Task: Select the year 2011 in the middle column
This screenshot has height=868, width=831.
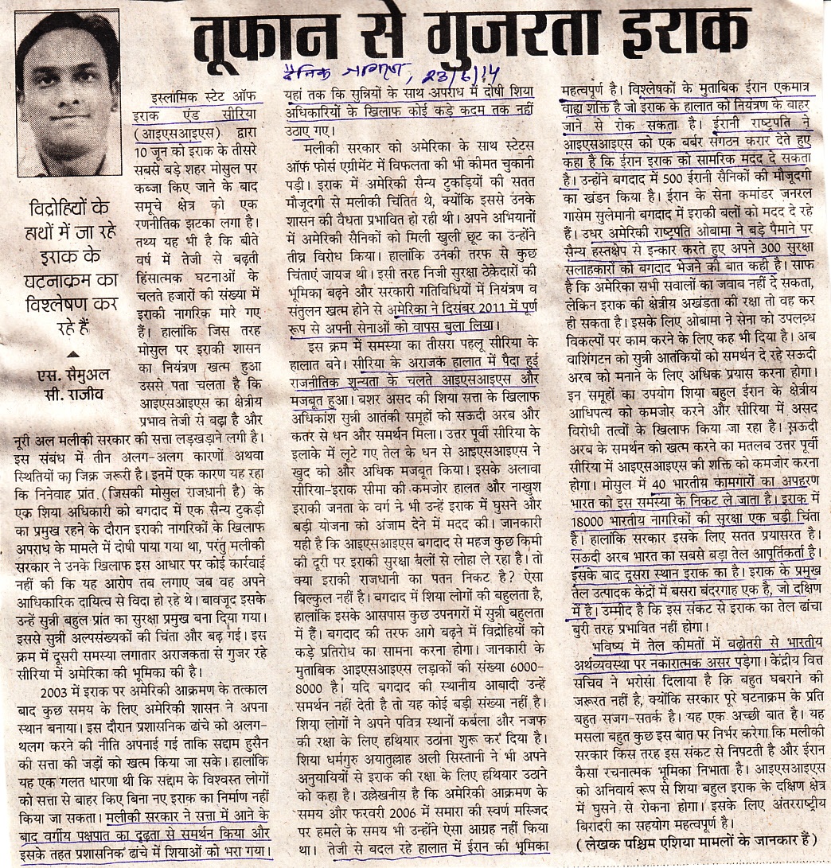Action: coord(458,309)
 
